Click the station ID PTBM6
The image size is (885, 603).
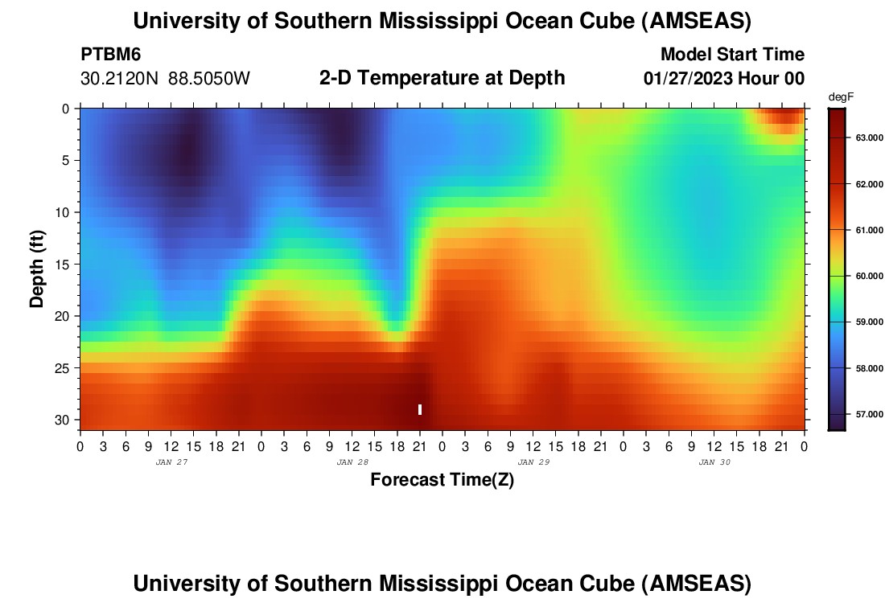coord(111,55)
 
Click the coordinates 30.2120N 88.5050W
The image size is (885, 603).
coord(165,79)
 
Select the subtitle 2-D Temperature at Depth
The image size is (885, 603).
coord(442,78)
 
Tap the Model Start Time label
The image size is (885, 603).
coord(731,55)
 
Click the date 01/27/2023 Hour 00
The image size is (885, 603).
coord(723,79)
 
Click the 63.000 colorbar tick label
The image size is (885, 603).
coord(862,137)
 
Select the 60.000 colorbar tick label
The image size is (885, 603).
coord(862,276)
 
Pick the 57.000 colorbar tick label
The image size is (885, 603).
coord(862,414)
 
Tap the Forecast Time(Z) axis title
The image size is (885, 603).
coord(442,480)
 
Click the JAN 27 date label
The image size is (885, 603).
coord(171,462)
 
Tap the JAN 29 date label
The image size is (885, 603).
coord(533,462)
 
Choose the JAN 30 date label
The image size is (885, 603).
coord(714,462)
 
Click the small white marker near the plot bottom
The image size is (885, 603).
coord(420,409)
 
